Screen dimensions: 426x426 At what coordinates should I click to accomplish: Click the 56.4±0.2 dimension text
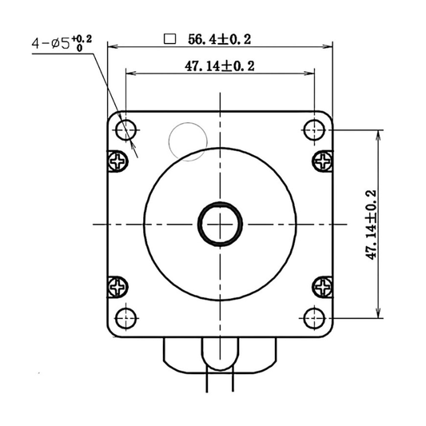click(220, 38)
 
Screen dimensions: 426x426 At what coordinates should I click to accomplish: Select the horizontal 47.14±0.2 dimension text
click(219, 67)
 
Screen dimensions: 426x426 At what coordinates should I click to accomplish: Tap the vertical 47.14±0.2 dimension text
click(370, 224)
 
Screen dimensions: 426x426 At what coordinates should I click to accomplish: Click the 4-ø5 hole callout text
click(51, 44)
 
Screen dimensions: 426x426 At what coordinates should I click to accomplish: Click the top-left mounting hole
click(126, 129)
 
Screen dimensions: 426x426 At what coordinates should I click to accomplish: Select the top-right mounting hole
click(313, 129)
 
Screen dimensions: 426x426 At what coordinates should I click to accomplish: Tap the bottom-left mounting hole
click(126, 317)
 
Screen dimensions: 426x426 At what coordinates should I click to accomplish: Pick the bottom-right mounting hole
click(313, 317)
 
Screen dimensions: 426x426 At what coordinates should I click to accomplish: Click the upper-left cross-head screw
click(117, 161)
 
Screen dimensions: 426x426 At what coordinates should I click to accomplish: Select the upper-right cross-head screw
click(322, 161)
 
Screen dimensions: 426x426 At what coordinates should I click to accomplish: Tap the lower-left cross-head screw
click(117, 285)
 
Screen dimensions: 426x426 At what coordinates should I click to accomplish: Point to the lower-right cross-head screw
click(322, 285)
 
